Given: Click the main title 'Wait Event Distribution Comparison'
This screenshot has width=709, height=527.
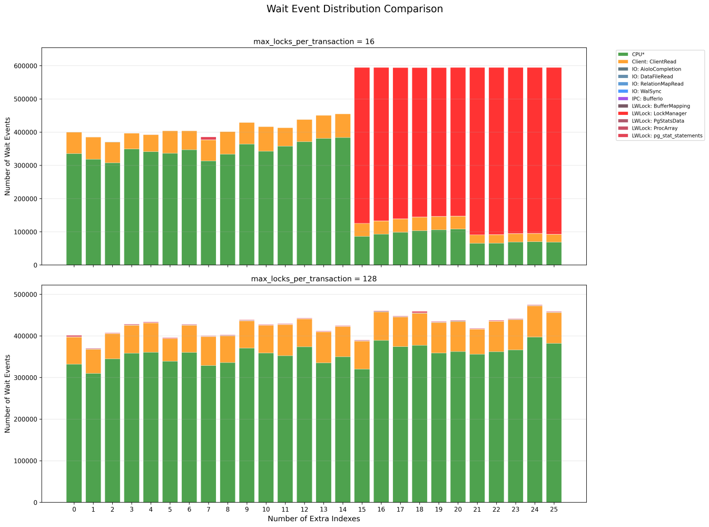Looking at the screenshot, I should tap(354, 9).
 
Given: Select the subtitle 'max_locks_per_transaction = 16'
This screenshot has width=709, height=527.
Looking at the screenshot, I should tap(314, 41).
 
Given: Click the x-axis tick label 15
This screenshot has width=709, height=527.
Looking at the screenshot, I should tap(362, 510).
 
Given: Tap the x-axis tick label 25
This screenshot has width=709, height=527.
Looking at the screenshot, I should tap(554, 510).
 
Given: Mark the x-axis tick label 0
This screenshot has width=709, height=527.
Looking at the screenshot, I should tap(74, 510).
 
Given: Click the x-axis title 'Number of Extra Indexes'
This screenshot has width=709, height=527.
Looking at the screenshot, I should tap(314, 519).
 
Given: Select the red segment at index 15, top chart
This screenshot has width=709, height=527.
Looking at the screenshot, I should tap(362, 145).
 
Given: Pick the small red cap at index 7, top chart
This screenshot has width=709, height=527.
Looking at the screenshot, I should tap(209, 138).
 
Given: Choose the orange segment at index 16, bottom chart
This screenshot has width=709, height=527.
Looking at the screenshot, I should tap(381, 326).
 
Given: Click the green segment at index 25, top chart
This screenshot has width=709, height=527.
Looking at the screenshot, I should tap(554, 253).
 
